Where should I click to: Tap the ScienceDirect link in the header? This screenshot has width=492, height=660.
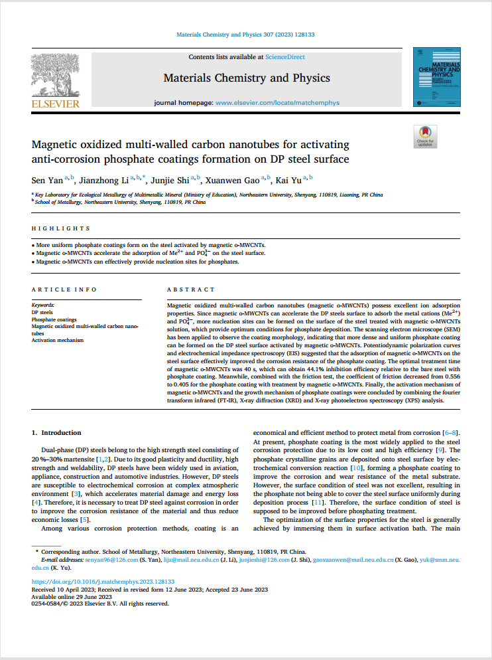tap(285, 57)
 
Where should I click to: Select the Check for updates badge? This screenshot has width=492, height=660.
tap(425, 135)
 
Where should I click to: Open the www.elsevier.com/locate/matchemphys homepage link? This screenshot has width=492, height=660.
tap(277, 103)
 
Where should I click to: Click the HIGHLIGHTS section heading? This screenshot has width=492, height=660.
tap(61, 228)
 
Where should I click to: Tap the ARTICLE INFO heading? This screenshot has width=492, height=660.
tap(64, 289)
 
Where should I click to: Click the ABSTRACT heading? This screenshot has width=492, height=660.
tap(191, 289)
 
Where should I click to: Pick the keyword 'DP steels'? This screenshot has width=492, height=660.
tap(42, 311)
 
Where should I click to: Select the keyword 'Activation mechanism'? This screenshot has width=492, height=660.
tap(58, 340)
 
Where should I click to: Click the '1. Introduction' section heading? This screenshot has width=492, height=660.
tap(57, 432)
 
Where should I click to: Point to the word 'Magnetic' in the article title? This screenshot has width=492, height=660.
tap(59, 145)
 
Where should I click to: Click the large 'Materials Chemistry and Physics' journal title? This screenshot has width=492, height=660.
tap(247, 78)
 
